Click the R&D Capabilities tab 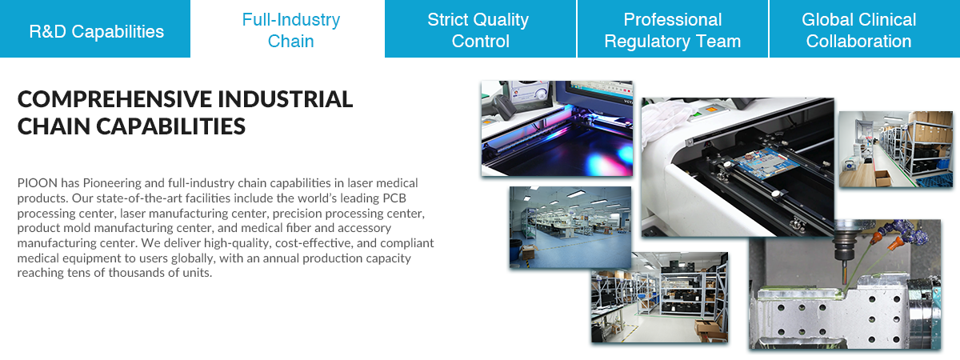(x=94, y=29)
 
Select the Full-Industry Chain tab (x=287, y=29)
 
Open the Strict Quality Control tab (x=481, y=29)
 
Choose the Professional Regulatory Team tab (x=673, y=29)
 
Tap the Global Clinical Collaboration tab (x=865, y=29)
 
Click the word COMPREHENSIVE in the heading (x=114, y=99)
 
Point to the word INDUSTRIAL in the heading (x=286, y=99)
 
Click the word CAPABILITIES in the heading (x=171, y=127)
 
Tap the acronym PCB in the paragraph (x=394, y=198)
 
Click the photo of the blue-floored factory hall (x=570, y=227)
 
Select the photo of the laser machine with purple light (x=557, y=128)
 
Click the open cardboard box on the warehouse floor (x=883, y=178)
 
